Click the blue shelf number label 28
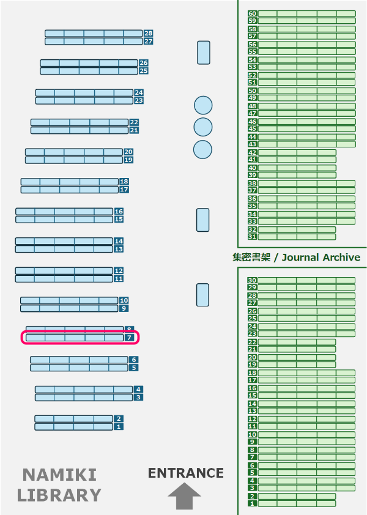(x=149, y=33)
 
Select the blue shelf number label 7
(x=130, y=337)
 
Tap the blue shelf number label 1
(x=119, y=426)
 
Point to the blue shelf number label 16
(x=119, y=211)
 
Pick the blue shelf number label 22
(x=134, y=122)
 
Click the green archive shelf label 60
(x=252, y=13)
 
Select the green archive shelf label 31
(x=252, y=237)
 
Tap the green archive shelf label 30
(x=252, y=281)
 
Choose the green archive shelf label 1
(x=252, y=504)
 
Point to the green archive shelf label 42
(x=252, y=152)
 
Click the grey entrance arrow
(x=184, y=495)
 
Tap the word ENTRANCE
(x=186, y=473)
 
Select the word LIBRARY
(x=59, y=495)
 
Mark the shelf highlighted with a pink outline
(x=81, y=337)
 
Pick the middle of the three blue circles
(x=202, y=127)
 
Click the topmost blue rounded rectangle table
(x=204, y=53)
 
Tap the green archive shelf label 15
(x=252, y=396)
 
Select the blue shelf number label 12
(x=119, y=270)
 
